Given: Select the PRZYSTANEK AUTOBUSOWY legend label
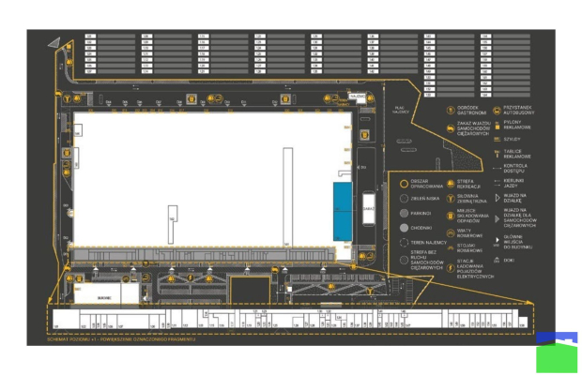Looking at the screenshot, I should pyautogui.click(x=519, y=110).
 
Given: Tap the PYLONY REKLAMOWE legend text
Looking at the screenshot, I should pyautogui.click(x=518, y=125).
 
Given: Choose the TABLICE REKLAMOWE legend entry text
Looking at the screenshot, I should pyautogui.click(x=517, y=154).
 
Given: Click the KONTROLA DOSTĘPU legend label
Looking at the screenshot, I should pyautogui.click(x=517, y=169).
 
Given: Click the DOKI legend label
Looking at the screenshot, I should pyautogui.click(x=509, y=262).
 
